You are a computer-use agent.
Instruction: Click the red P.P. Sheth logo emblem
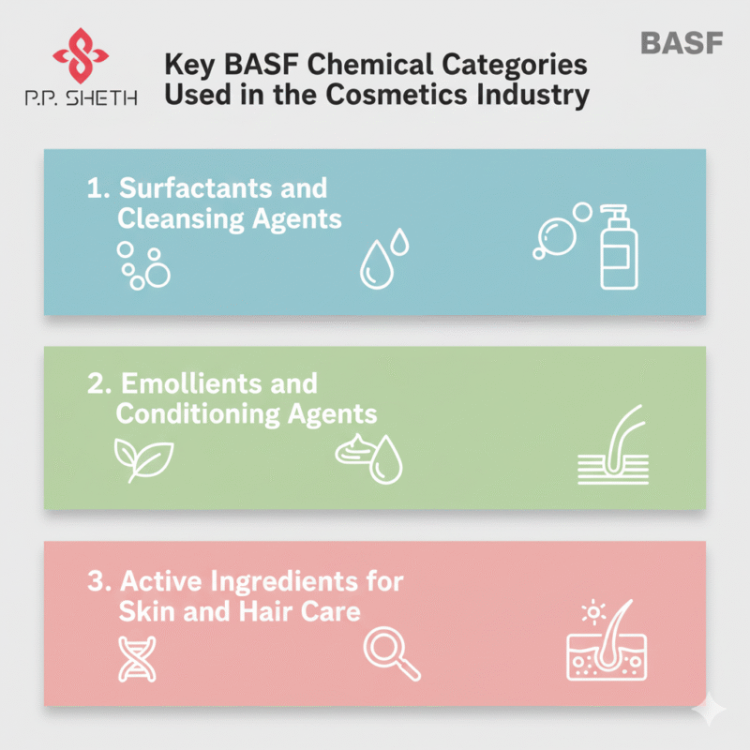coord(81,55)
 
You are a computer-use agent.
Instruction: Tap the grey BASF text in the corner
coord(682,43)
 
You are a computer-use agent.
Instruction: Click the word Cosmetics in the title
coord(397,95)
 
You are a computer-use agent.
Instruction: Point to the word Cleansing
coord(181,218)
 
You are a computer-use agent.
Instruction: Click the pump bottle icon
coord(619,247)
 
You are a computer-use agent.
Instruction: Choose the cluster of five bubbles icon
coord(143,265)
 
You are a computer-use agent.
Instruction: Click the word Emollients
coord(190,383)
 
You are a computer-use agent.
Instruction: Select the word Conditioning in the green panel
coord(198,414)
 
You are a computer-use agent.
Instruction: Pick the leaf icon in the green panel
coord(143,460)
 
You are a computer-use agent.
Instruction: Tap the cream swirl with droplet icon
coord(368,459)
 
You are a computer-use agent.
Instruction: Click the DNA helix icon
coord(137,659)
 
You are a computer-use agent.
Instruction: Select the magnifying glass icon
coord(391,653)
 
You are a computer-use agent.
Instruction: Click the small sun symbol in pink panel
coord(593,612)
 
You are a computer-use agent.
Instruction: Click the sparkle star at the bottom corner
coord(710,710)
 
